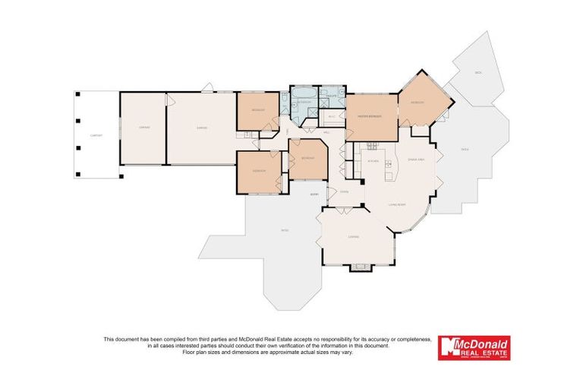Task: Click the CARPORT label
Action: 96,135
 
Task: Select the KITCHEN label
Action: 373,161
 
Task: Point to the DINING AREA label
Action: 414,160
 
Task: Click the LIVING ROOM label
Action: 396,205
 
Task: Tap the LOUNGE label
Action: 353,237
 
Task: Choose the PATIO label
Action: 285,230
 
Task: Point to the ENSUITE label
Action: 332,96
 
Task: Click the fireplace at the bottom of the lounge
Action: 358,267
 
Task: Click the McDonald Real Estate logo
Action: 474,348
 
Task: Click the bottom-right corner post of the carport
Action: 120,177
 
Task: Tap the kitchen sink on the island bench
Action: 389,164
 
